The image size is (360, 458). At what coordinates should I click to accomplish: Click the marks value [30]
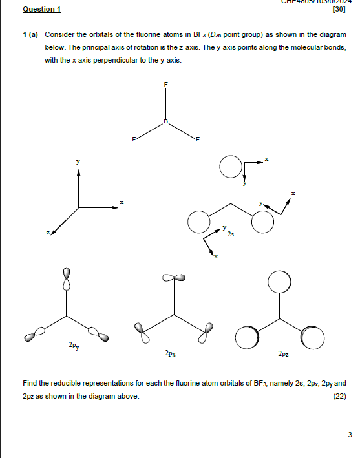click(337, 10)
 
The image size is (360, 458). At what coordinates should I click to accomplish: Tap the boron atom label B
click(165, 121)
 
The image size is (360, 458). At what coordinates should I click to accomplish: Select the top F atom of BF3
click(165, 85)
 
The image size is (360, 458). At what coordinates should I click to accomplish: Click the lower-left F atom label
click(133, 139)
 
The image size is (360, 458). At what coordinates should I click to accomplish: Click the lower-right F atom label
click(198, 139)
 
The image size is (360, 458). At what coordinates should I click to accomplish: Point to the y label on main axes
click(78, 161)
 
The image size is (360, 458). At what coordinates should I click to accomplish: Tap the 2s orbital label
click(231, 236)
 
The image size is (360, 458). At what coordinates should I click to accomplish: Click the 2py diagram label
click(76, 347)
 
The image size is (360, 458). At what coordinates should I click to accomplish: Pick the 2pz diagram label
click(283, 353)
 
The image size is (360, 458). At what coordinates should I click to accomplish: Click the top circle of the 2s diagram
click(229, 167)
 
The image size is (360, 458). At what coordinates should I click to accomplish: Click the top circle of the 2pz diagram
click(279, 282)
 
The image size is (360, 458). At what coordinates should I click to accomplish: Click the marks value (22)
click(339, 396)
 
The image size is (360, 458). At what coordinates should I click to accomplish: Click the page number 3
click(350, 435)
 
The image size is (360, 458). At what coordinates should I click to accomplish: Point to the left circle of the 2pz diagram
click(246, 337)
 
